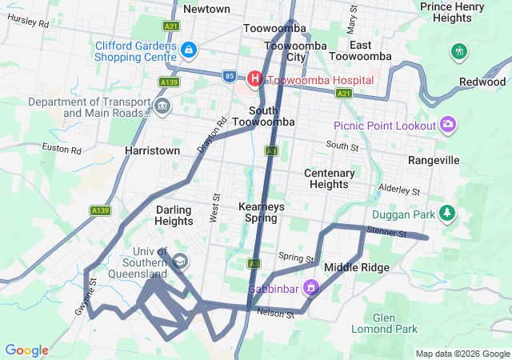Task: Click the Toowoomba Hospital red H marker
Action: (x=254, y=78)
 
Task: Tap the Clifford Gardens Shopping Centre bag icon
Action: (x=188, y=50)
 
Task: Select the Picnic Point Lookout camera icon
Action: (x=448, y=124)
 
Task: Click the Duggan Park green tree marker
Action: (x=450, y=214)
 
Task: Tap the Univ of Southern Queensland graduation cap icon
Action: (x=181, y=261)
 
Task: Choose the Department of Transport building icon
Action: (x=163, y=106)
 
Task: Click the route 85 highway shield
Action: (x=230, y=76)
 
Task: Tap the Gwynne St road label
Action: (x=93, y=292)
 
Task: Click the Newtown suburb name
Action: (x=206, y=9)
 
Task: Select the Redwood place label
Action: (x=482, y=82)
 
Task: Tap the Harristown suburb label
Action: (x=152, y=150)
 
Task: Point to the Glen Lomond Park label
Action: (x=384, y=323)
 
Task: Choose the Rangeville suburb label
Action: (x=434, y=160)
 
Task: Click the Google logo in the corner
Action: (x=26, y=350)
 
